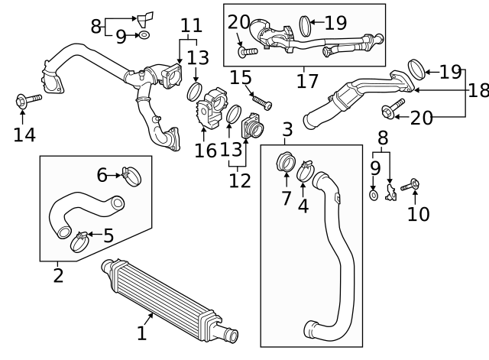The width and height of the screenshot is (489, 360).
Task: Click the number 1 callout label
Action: (x=141, y=332)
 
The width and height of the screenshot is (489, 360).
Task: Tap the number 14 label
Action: (x=24, y=135)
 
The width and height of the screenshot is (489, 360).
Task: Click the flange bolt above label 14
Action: (x=21, y=101)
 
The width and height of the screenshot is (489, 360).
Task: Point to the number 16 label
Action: (x=206, y=150)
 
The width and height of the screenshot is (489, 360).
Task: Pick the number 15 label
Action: (x=241, y=77)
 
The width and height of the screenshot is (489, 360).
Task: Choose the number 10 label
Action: (x=418, y=213)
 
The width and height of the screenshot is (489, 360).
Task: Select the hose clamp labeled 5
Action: (x=79, y=243)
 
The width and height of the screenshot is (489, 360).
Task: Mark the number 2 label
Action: (x=58, y=274)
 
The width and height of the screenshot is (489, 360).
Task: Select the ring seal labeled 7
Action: (x=286, y=163)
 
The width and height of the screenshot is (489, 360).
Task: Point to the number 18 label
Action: (x=478, y=90)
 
